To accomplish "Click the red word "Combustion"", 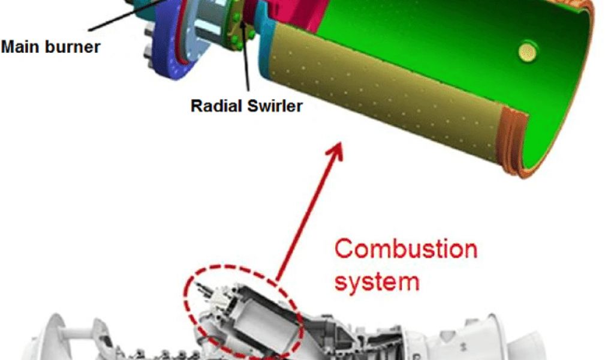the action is coord(405,248).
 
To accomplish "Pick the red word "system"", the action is coord(377,280).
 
